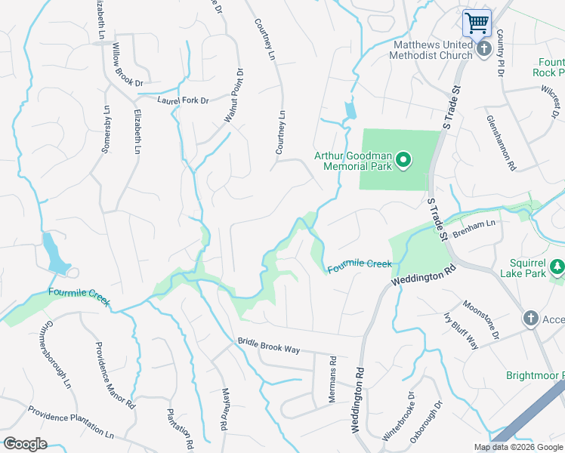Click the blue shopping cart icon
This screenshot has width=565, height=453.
477,23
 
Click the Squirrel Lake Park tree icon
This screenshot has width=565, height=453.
557,267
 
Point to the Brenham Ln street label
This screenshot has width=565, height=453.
479,223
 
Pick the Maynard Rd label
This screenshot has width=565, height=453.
224,408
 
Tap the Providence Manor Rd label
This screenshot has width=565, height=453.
115,373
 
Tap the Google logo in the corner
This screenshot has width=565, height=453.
25,444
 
